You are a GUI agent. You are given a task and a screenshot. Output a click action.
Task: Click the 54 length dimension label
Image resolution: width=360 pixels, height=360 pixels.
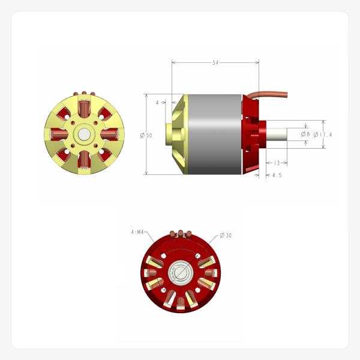click(x=215, y=62)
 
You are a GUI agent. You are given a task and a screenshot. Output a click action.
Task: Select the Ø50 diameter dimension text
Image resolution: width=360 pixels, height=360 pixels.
click(x=146, y=136)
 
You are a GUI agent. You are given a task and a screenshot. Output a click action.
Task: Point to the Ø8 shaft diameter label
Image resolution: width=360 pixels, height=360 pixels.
click(x=305, y=134)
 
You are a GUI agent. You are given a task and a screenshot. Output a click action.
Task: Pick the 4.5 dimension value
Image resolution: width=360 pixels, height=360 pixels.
click(x=277, y=175)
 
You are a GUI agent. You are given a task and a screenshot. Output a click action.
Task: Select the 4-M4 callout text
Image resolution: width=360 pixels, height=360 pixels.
click(x=137, y=231)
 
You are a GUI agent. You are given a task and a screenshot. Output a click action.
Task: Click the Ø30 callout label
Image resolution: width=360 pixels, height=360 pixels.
click(x=226, y=235)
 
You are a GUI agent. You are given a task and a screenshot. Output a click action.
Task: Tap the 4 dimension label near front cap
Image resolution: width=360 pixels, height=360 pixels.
click(x=158, y=103)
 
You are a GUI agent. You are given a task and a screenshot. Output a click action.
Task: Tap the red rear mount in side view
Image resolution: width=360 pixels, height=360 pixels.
click(x=253, y=135)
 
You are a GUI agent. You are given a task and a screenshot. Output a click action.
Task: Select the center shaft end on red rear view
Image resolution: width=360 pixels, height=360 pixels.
click(x=181, y=272)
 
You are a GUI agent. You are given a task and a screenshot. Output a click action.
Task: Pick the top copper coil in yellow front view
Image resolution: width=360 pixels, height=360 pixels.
click(x=84, y=109)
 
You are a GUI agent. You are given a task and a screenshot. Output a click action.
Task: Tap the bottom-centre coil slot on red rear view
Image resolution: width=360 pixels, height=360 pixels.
click(x=180, y=300)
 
